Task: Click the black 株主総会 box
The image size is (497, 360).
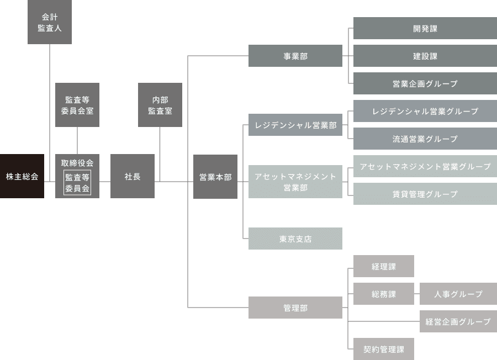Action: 22,176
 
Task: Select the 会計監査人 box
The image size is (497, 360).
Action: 50,22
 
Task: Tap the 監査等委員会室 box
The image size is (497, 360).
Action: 77,105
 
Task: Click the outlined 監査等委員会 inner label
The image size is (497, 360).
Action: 77,183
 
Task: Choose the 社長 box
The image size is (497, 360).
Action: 133,176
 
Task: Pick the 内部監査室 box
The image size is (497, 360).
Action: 160,105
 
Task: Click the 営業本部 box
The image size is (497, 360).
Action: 215,177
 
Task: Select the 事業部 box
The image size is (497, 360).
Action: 295,56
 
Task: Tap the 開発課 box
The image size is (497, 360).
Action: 425,28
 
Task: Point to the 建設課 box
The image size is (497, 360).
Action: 425,56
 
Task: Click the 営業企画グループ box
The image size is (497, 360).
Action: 425,83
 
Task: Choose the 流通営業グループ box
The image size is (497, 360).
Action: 425,139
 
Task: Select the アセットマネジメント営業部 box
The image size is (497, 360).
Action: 295,182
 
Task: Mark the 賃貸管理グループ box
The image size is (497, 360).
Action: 425,194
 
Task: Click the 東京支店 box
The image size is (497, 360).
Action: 295,239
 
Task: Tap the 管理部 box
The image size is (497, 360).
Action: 295,308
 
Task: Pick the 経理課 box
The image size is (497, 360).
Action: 384,266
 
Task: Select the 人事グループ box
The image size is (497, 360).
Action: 458,294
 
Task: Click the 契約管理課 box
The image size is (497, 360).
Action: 384,349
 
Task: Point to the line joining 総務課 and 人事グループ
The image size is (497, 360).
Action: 417,294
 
